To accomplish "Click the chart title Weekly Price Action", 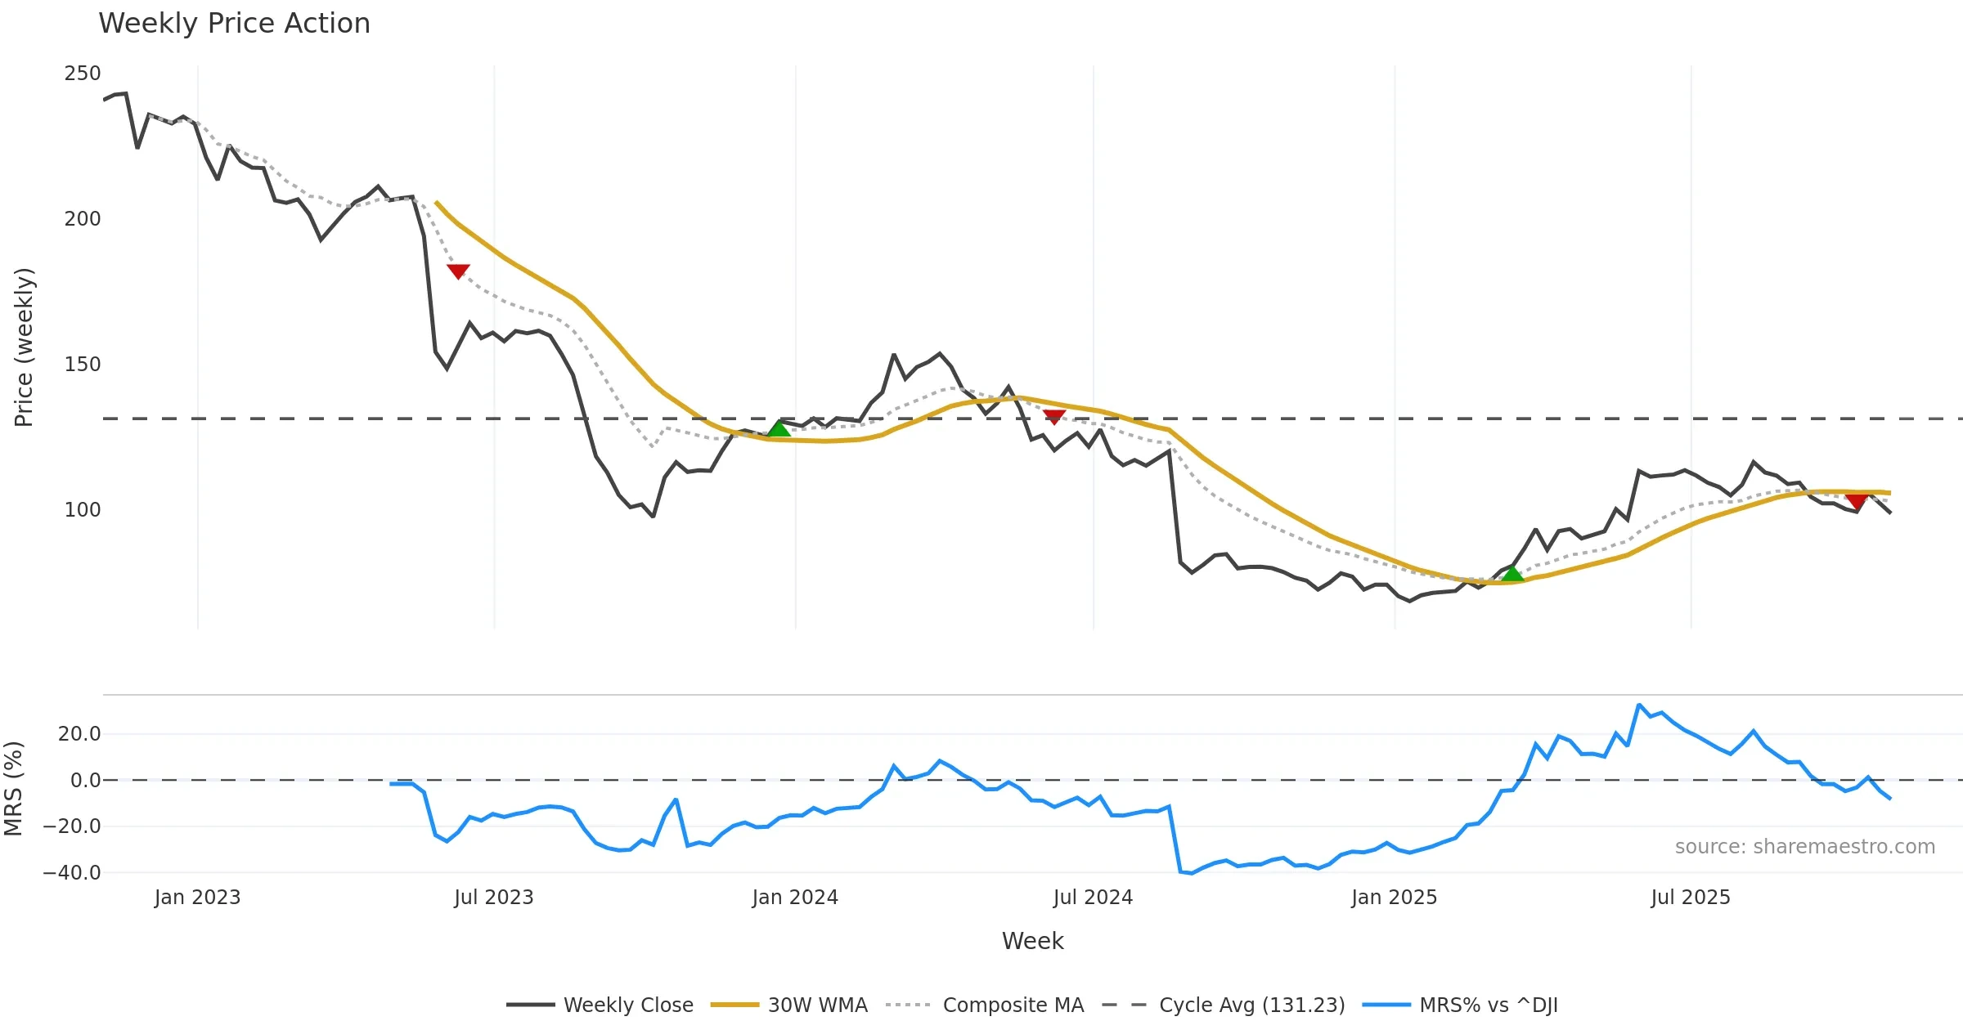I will pyautogui.click(x=234, y=24).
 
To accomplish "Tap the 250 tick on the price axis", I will pyautogui.click(x=83, y=74).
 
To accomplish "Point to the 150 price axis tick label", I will pyautogui.click(x=83, y=365).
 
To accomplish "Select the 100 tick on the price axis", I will pyautogui.click(x=83, y=510).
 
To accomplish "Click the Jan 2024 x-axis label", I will pyautogui.click(x=795, y=898).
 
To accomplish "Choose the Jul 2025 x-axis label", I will pyautogui.click(x=1691, y=898).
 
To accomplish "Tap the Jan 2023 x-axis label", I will pyautogui.click(x=197, y=898).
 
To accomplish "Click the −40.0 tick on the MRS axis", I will pyautogui.click(x=72, y=873).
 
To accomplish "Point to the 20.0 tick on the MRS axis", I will pyautogui.click(x=79, y=734).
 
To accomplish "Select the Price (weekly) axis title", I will pyautogui.click(x=24, y=347).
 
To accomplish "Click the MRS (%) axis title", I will pyautogui.click(x=14, y=789).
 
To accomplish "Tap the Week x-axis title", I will pyautogui.click(x=1032, y=942).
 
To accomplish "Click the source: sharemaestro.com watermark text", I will pyautogui.click(x=1804, y=847).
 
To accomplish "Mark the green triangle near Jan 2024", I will pyautogui.click(x=779, y=429).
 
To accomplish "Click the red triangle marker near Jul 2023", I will pyautogui.click(x=458, y=271).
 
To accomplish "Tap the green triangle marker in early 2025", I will pyautogui.click(x=1512, y=574).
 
